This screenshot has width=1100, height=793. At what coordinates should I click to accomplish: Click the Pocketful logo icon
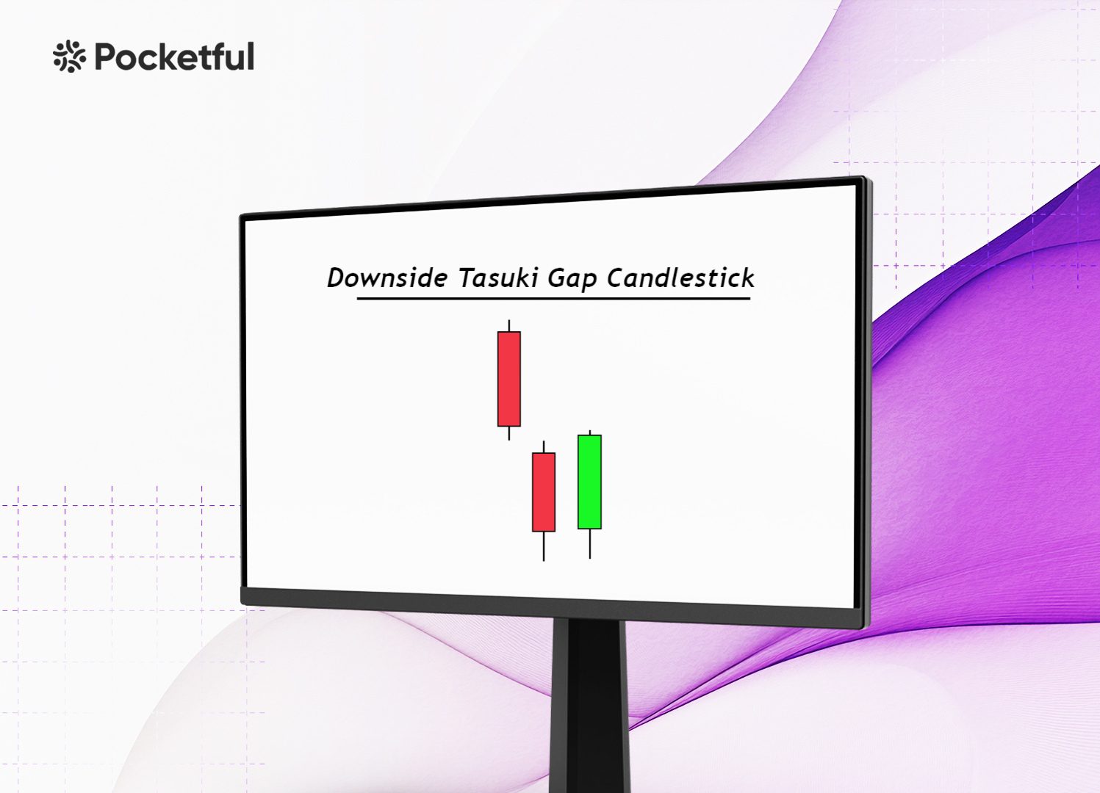coord(69,57)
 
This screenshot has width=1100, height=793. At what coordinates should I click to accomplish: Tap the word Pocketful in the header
coord(174,57)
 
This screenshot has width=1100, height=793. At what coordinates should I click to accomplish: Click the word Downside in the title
coord(387,278)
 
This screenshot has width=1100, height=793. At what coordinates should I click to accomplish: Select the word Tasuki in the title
coord(497,278)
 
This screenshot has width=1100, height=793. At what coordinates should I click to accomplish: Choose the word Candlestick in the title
coord(680,278)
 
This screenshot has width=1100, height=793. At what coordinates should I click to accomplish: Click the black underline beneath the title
coord(553,299)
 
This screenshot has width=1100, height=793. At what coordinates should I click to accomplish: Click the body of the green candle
coord(589,482)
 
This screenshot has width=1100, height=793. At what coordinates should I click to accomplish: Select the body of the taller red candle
coord(508,379)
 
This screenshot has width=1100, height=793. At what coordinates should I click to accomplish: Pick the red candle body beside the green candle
coord(544,492)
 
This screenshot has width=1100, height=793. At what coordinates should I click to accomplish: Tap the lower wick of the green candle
coord(589,543)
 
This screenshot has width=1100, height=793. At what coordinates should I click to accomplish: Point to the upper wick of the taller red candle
coord(509,325)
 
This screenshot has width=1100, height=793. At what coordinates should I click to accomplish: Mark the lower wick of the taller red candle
coord(509,433)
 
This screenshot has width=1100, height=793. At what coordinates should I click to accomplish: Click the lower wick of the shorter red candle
coord(544,546)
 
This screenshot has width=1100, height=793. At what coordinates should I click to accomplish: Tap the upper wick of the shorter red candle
coord(544,446)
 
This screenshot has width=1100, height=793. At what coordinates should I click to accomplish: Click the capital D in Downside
coord(337,278)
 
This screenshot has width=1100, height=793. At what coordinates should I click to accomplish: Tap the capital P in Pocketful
coord(107,57)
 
